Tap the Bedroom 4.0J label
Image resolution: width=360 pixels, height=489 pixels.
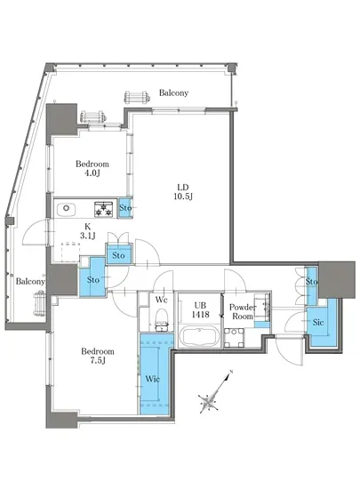[92, 168]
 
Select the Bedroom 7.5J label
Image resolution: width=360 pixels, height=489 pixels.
[98, 356]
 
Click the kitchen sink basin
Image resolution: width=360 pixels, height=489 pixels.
[66, 209]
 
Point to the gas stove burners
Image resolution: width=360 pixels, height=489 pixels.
[104, 209]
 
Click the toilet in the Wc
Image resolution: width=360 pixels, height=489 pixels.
[162, 319]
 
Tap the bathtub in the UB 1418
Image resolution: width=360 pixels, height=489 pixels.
[199, 336]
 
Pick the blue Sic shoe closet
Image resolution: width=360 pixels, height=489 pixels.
[321, 325]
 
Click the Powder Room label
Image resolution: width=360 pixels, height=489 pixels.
[242, 311]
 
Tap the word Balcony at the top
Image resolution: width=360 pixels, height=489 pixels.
[173, 92]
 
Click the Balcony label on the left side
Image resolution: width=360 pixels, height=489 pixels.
[30, 281]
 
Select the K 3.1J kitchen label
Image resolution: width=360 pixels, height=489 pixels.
[88, 231]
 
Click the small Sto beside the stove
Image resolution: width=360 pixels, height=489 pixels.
[125, 208]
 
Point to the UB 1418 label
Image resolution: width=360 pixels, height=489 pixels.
[200, 310]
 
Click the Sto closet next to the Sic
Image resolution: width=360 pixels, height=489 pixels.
[311, 285]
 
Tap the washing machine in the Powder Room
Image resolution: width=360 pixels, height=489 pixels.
[234, 338]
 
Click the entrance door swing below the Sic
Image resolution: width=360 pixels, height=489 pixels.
[288, 350]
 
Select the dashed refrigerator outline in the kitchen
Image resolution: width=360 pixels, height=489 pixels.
[70, 252]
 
